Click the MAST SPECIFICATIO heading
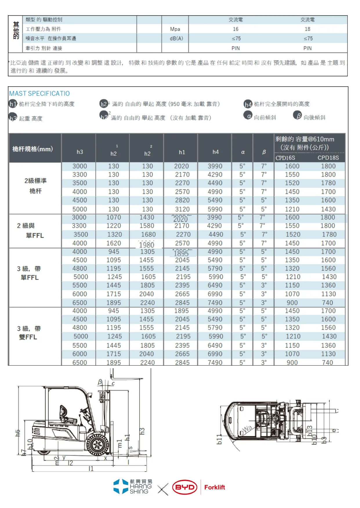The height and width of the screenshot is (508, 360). pos(39,93)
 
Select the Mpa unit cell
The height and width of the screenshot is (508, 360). pos(175,29)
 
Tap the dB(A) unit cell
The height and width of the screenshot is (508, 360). pos(176,38)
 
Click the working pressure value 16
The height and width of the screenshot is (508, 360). pos(236,29)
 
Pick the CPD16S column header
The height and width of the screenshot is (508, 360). pos(285,158)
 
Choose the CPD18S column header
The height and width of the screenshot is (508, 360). pos(328,158)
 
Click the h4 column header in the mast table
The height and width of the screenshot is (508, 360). pos(215,152)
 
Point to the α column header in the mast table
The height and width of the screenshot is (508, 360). pos(243,152)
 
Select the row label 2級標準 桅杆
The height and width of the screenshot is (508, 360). pos(35,186)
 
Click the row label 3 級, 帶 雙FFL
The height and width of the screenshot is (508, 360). pos(28,333)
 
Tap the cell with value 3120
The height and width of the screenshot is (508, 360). pos(182,209)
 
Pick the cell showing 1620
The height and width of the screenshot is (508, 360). pos(113,243)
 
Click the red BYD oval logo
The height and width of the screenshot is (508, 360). pos(184,487)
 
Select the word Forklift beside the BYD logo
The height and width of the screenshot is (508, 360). pos(214,487)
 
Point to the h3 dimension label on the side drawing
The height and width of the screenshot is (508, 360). pos(142,431)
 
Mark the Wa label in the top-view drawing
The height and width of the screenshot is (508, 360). pos(247,429)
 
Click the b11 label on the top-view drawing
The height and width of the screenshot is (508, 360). pos(220,439)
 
